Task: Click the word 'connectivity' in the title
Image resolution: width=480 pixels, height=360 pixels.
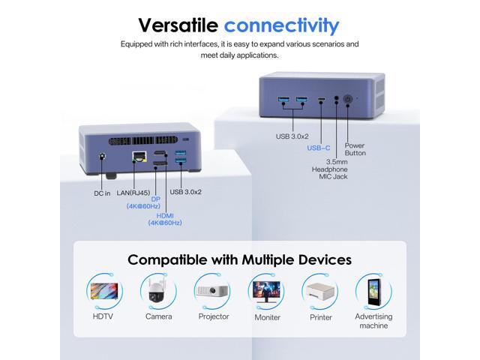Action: tap(281, 25)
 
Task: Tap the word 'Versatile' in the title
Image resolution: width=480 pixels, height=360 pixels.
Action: tap(178, 25)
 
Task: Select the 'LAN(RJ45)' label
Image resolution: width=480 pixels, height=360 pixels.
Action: tap(130, 192)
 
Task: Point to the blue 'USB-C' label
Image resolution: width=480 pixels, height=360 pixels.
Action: tap(319, 148)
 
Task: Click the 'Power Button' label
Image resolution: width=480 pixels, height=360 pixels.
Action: tap(355, 149)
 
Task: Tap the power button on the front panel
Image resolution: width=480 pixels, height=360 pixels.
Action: tap(347, 99)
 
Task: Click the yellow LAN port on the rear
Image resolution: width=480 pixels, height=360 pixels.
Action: tap(139, 158)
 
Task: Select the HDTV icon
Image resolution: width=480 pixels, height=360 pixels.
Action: tap(104, 291)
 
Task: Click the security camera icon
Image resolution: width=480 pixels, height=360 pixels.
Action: tap(158, 291)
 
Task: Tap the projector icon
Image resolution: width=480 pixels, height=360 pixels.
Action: tap(212, 291)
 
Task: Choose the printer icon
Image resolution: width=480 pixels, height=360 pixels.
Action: tap(320, 291)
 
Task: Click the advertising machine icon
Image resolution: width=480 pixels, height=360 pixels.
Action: tap(373, 291)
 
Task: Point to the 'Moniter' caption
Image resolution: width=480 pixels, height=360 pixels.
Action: tap(267, 317)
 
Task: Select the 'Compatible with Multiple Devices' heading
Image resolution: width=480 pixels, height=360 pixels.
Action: tap(239, 259)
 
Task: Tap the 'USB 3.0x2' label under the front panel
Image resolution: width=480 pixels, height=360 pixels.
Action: tap(292, 136)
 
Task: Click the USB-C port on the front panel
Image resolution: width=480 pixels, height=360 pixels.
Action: tap(321, 99)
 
